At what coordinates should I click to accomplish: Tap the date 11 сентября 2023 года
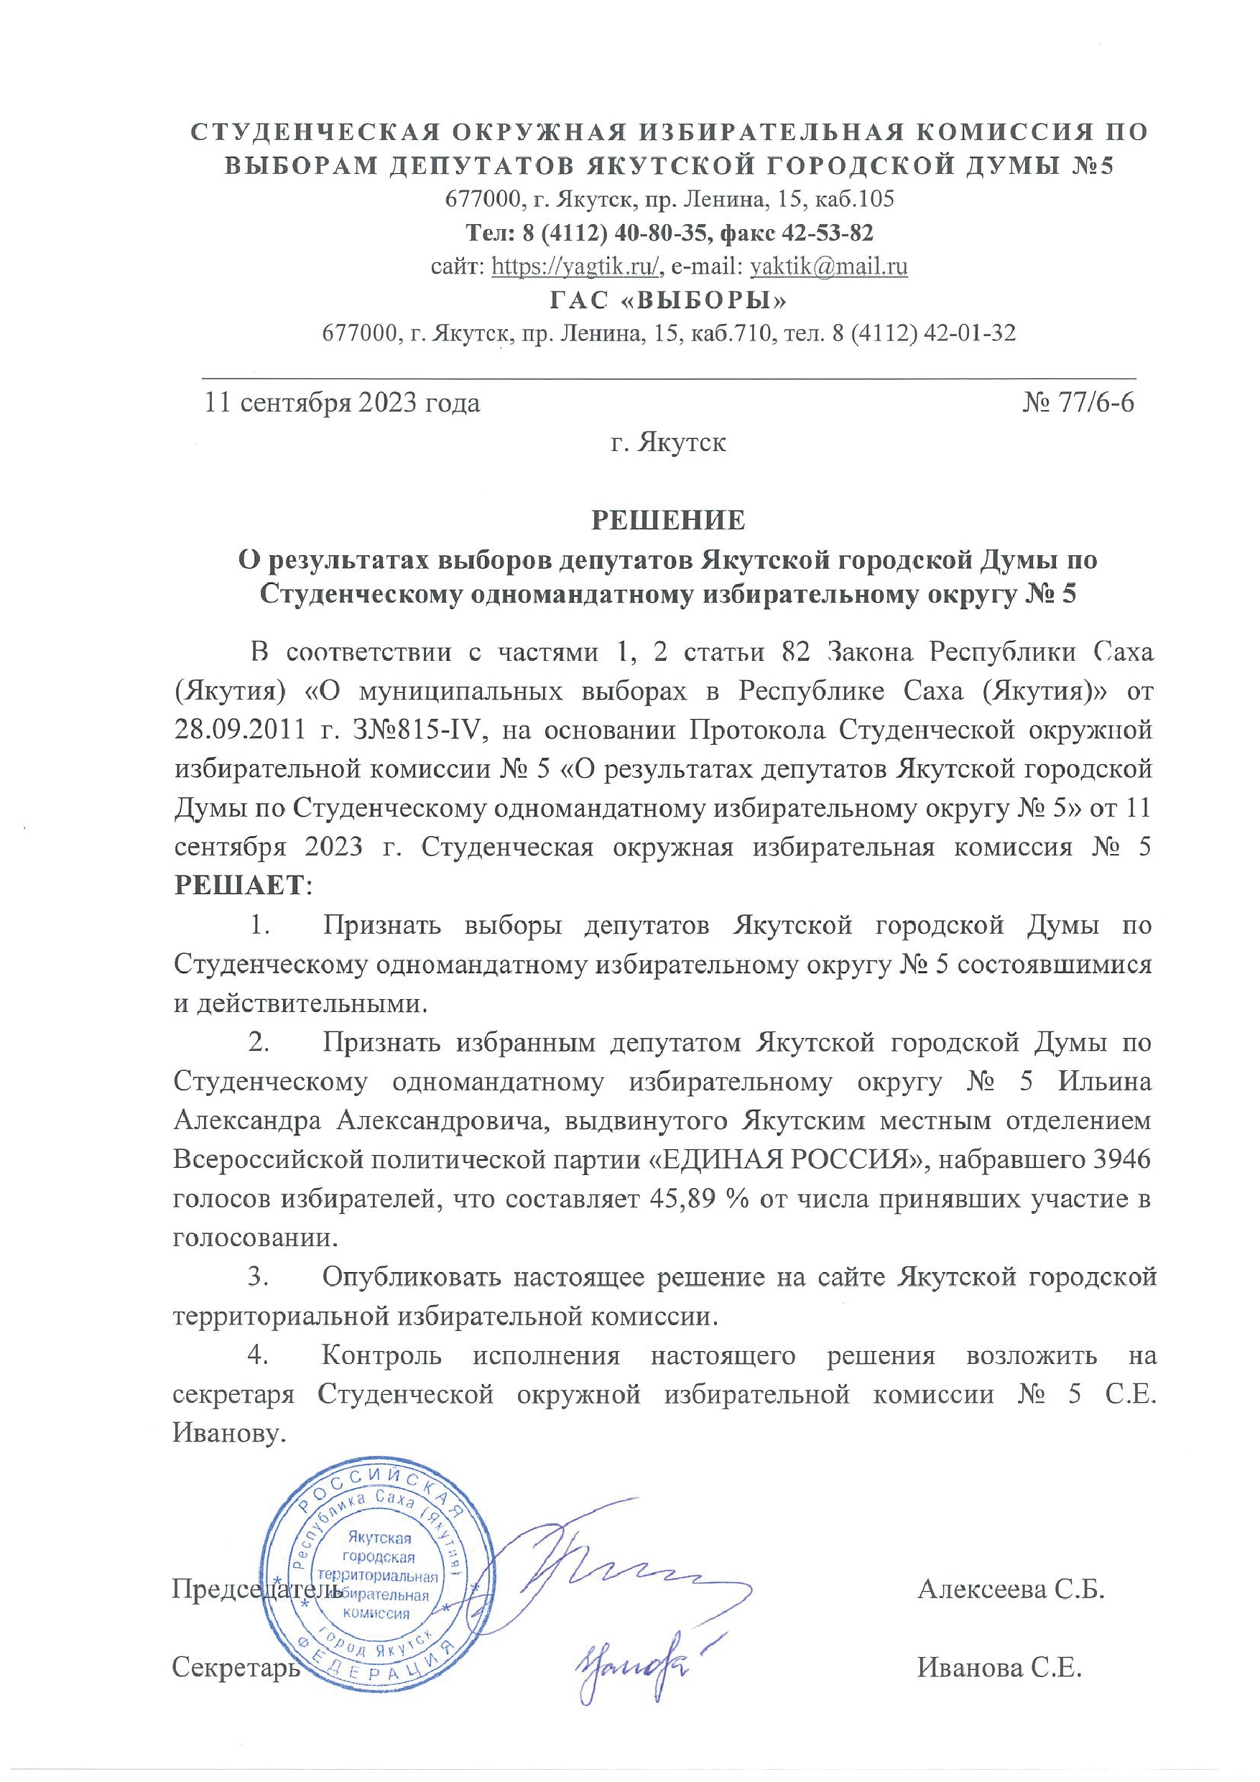[342, 404]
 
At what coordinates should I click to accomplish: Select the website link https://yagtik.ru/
[577, 266]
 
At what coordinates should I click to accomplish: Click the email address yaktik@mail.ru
[829, 266]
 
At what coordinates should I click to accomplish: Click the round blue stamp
[381, 1576]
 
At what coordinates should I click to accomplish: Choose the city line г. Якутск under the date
[668, 443]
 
